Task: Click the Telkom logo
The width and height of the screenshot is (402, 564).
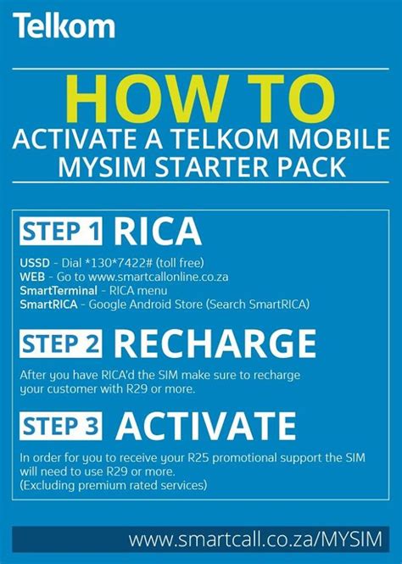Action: [x=64, y=26]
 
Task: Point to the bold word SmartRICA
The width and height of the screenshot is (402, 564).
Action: [x=49, y=303]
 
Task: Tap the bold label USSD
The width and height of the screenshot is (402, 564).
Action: [x=33, y=262]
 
